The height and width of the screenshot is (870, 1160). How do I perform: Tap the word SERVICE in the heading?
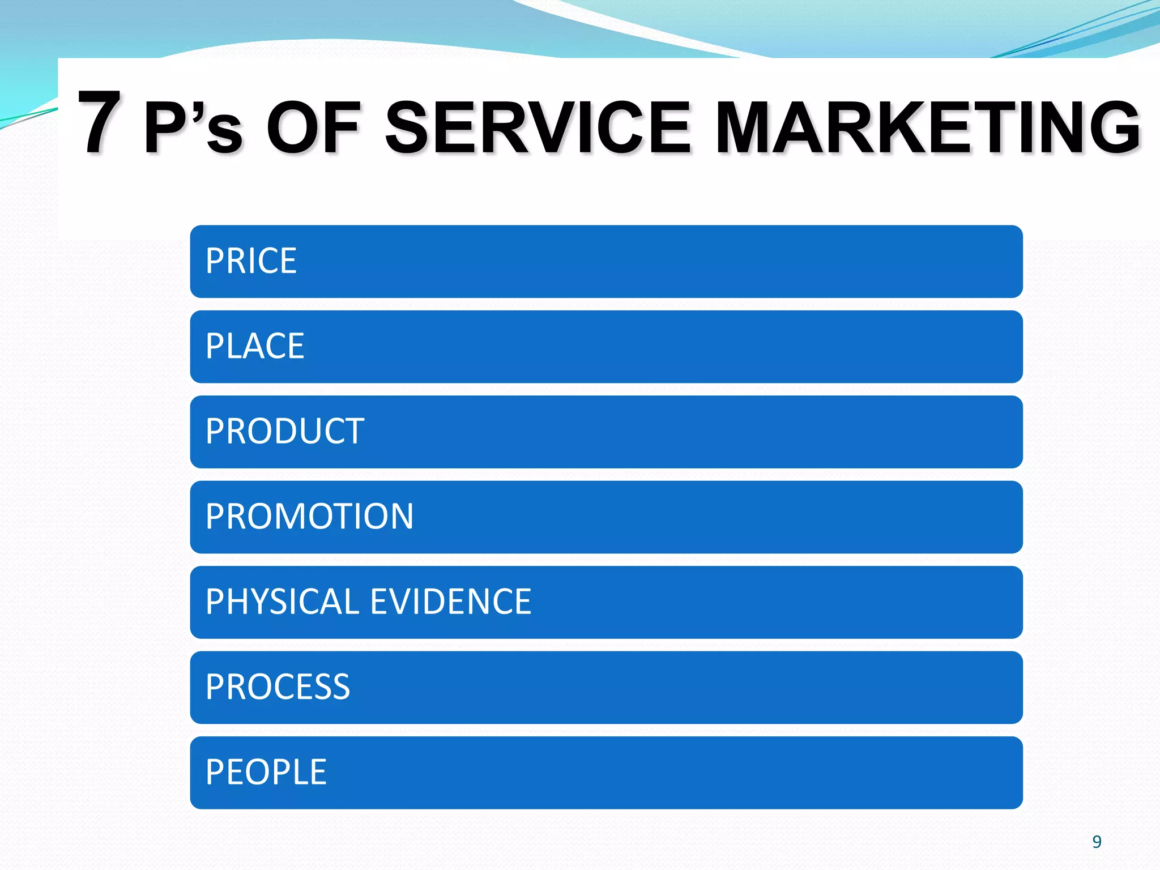(x=538, y=127)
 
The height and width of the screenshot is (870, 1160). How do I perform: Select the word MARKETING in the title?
(x=927, y=127)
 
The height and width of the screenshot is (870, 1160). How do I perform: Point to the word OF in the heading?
(x=313, y=127)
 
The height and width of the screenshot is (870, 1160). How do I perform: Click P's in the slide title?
(x=193, y=127)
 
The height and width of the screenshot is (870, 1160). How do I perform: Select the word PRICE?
(x=251, y=261)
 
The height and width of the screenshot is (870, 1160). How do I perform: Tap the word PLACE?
(x=255, y=346)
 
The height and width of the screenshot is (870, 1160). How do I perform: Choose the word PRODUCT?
(x=284, y=432)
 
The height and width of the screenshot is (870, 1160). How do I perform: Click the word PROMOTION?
(x=309, y=517)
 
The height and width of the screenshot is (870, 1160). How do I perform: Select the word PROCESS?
(x=278, y=687)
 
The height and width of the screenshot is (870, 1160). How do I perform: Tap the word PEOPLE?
(x=266, y=772)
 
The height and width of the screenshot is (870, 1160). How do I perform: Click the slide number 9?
(x=1097, y=842)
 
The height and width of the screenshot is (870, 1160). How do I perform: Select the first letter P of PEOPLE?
(x=215, y=772)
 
